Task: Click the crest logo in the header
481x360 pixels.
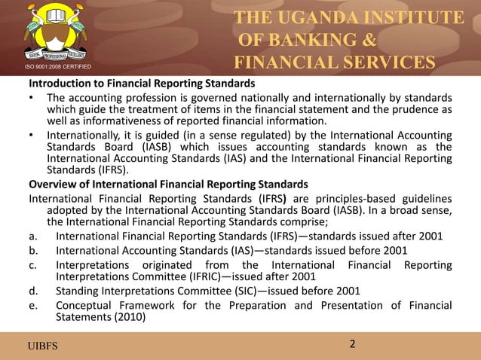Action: [52, 33]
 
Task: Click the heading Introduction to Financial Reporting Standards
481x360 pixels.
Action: [141, 83]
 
